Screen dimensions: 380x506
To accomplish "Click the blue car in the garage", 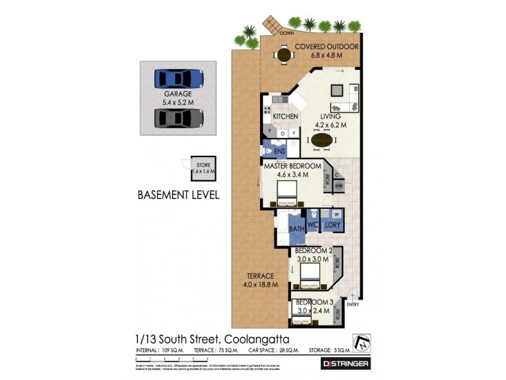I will [179, 78].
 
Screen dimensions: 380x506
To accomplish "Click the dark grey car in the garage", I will [179, 118].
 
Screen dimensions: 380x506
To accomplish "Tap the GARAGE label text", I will [178, 94].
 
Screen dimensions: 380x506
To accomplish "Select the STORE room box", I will [203, 168].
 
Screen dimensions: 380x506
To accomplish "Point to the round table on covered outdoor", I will [283, 56].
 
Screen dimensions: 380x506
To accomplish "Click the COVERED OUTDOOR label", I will [326, 47].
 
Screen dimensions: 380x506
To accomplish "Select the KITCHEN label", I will [285, 117].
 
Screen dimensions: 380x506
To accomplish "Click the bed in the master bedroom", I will [286, 191].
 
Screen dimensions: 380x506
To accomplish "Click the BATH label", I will [297, 229].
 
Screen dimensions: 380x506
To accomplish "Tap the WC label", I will [312, 225].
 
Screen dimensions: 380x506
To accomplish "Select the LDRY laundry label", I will [332, 225].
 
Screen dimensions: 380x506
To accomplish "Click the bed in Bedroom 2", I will [310, 275].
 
